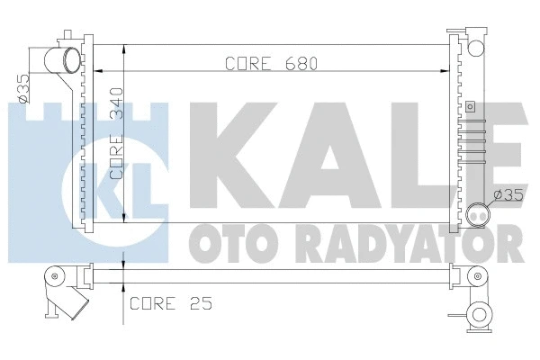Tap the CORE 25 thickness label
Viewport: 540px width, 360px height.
pos(170,303)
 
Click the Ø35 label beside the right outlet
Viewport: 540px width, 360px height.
pos(508,193)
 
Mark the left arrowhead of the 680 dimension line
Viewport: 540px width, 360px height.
pos(99,69)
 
